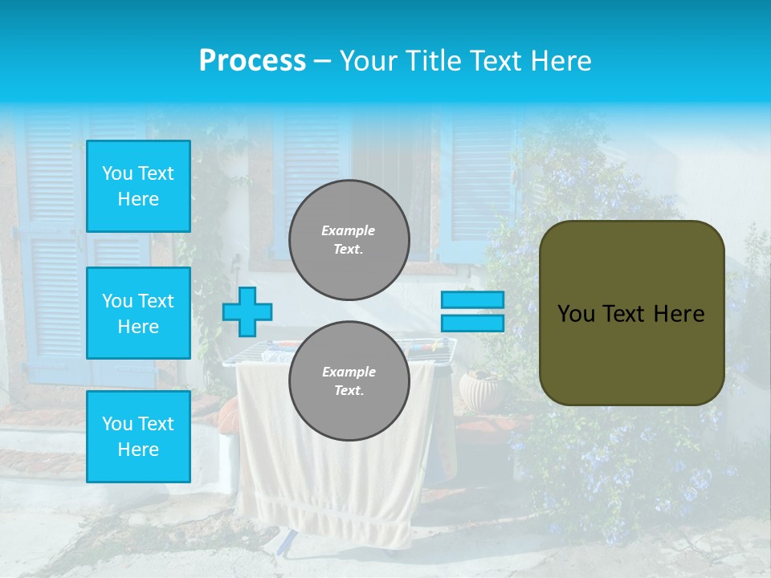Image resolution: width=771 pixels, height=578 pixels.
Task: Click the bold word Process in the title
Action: click(x=252, y=61)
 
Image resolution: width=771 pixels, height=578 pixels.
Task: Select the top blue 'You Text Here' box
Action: click(x=138, y=186)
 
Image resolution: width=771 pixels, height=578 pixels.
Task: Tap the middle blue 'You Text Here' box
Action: click(x=138, y=313)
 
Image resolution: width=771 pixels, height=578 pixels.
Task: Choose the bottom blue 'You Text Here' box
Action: click(x=138, y=436)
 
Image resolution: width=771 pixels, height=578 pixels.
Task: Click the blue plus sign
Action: click(x=247, y=311)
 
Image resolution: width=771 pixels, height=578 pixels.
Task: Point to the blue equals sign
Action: click(x=472, y=311)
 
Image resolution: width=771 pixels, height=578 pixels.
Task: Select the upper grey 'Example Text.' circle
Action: click(x=349, y=240)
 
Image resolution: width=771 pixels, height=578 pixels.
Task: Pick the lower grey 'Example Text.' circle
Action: click(x=349, y=381)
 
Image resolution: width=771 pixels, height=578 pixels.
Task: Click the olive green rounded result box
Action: click(x=631, y=313)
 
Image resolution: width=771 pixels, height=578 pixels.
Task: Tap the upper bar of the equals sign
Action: click(x=472, y=299)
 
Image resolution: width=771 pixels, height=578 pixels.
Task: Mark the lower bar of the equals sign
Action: click(x=472, y=324)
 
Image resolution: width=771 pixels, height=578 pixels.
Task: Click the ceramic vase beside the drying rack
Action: click(x=479, y=390)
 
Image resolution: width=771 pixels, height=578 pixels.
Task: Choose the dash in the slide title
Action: click(x=322, y=61)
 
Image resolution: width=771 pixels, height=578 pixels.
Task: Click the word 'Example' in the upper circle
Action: click(x=349, y=230)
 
